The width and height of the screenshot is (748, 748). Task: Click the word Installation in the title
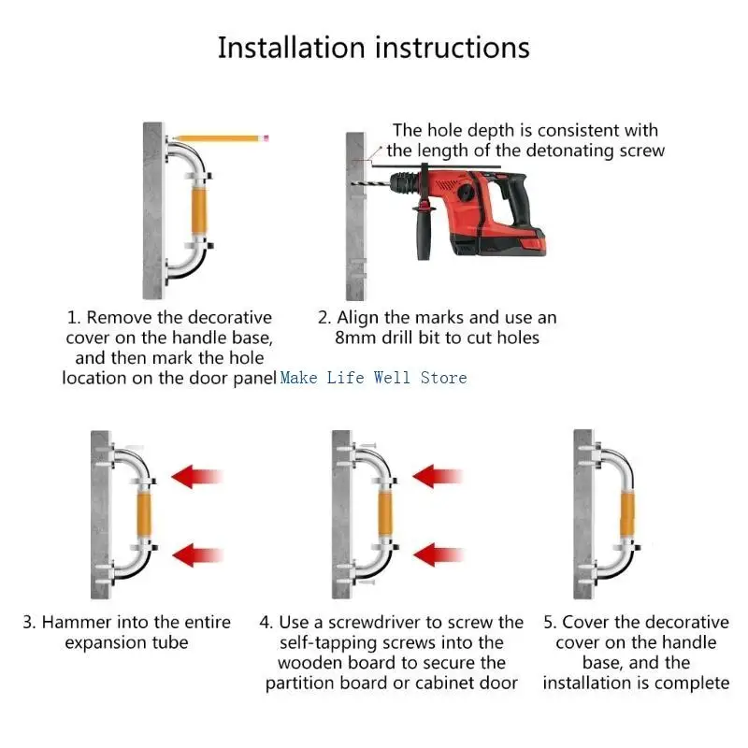[x=292, y=48]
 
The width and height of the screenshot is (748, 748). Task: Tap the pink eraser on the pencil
[x=266, y=138]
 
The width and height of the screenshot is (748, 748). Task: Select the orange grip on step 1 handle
[x=199, y=210]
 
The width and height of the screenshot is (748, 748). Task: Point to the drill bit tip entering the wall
[x=352, y=184]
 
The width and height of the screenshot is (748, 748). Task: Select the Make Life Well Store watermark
[x=373, y=378]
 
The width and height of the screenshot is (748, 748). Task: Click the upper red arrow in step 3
[x=197, y=477]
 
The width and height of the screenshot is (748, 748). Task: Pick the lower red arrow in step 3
[x=197, y=554]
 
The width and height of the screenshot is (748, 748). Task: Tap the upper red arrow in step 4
[x=438, y=476]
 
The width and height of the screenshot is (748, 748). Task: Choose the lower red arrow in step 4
[x=438, y=554]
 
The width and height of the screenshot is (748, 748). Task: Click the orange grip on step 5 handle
[x=626, y=515]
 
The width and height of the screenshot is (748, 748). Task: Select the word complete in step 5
[x=692, y=683]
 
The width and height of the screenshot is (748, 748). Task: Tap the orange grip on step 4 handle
[x=385, y=514]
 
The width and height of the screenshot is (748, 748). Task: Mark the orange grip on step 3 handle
[x=144, y=514]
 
